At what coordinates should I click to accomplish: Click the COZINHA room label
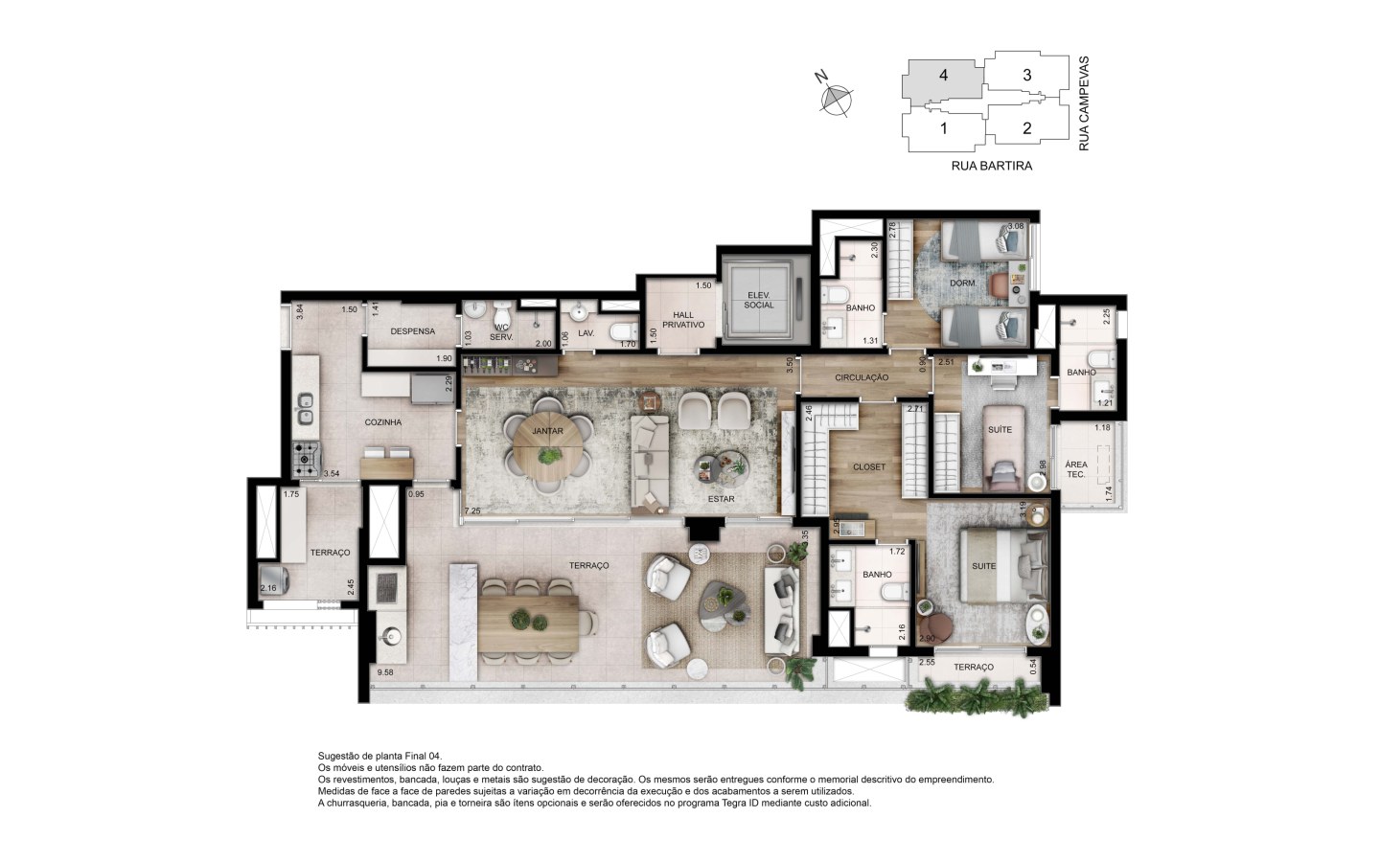coord(382,422)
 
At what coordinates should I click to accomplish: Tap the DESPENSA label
coord(413,331)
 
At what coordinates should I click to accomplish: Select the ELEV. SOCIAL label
coord(758,300)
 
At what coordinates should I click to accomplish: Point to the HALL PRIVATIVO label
coord(683,320)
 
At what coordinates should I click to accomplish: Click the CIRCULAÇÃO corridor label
coord(862,377)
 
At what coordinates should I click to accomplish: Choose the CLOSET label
coord(869,467)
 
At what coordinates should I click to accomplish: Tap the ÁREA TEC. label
coord(1076,469)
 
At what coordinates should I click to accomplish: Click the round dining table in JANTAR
coord(548,445)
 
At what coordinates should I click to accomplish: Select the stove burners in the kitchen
coord(307,460)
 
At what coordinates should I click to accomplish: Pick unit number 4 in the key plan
coord(943,75)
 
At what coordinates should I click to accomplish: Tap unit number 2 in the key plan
coord(1027,128)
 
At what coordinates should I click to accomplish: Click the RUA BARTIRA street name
coord(992,166)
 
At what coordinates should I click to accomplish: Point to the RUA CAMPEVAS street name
coord(1084,103)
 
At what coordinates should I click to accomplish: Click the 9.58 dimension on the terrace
coord(385,672)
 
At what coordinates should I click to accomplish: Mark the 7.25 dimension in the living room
coord(472,511)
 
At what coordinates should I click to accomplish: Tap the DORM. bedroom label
coord(963,284)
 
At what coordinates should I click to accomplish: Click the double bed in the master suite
coord(1003,566)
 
